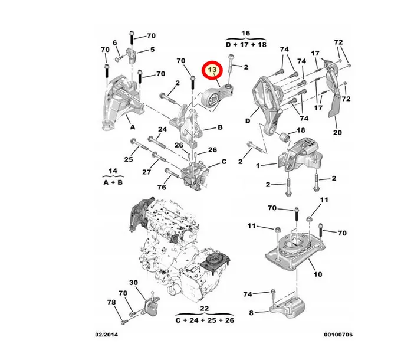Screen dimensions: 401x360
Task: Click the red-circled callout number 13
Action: click(x=212, y=70)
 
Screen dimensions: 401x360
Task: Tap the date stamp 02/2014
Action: click(x=107, y=335)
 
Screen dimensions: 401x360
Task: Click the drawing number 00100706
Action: click(x=338, y=335)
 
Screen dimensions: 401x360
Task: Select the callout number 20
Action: click(x=337, y=133)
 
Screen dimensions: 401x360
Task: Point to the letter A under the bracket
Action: click(x=133, y=127)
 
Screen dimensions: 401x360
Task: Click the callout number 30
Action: click(x=133, y=283)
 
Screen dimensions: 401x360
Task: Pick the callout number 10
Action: click(x=318, y=274)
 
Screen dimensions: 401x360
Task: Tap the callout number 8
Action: click(x=251, y=313)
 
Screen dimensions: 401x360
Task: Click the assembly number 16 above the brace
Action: click(x=245, y=33)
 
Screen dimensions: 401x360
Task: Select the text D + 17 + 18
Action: click(x=246, y=45)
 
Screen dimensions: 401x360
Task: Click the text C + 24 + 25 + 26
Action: click(x=205, y=320)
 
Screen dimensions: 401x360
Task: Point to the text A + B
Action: click(x=113, y=182)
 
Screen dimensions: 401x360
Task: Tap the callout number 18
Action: click(x=301, y=130)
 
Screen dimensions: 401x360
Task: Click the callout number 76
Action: click(x=162, y=187)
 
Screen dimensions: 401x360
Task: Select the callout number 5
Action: click(x=152, y=49)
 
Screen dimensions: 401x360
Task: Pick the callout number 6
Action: click(x=115, y=42)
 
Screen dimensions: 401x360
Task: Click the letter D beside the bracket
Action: click(x=248, y=121)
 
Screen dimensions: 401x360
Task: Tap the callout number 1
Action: click(x=258, y=166)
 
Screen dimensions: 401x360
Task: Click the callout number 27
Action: click(x=146, y=172)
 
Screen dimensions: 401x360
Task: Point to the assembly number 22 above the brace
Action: click(x=205, y=309)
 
